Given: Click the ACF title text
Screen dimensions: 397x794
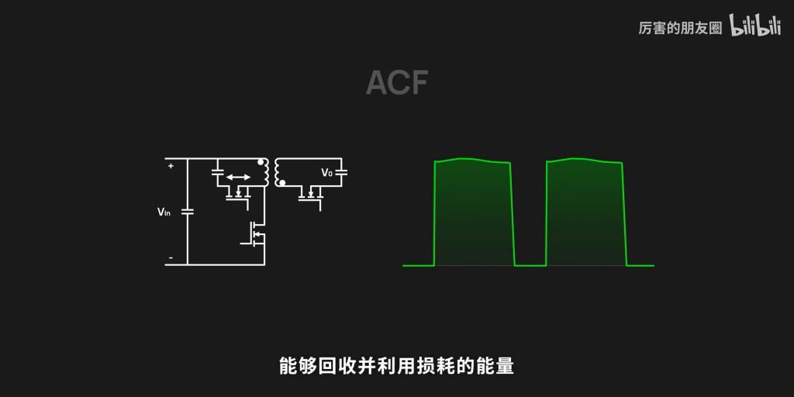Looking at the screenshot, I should (396, 83).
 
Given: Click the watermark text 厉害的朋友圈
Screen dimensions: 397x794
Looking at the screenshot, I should (680, 29).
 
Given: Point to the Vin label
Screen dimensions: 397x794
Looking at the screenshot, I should (164, 212).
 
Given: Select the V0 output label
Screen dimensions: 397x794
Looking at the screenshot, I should (326, 173).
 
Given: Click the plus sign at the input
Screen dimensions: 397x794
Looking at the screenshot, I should (171, 165).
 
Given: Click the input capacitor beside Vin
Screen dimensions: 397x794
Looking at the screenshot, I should (188, 211).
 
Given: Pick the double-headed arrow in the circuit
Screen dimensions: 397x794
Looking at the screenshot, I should (238, 178).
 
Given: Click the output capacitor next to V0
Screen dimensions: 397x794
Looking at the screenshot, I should (343, 172).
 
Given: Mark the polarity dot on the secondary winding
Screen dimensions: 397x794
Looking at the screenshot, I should (282, 184).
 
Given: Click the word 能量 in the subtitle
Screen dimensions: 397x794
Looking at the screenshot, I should (497, 365).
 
